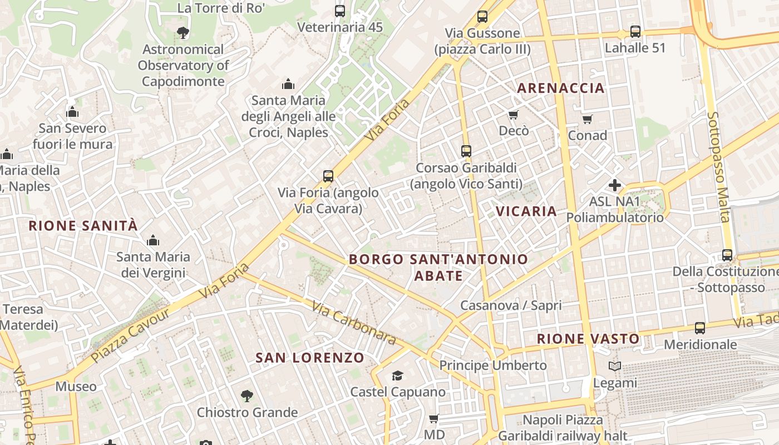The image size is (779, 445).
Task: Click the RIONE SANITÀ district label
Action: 83,226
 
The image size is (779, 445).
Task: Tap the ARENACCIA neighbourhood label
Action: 561,88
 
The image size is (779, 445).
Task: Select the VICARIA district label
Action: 526,211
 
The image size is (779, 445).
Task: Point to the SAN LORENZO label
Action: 310,358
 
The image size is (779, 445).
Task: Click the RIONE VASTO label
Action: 588,339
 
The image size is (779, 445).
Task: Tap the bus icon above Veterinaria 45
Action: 339,11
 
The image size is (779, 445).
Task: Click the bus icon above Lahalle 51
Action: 635,32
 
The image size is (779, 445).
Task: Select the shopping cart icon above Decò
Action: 513,115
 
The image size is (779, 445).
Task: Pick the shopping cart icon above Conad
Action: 587,119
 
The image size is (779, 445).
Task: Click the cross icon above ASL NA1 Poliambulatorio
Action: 615,185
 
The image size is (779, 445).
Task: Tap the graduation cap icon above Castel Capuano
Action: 397,376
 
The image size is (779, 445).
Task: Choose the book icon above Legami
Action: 614,367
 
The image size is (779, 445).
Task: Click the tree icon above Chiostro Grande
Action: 247,396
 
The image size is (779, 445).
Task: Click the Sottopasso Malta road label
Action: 718,167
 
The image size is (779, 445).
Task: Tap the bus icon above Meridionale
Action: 699,328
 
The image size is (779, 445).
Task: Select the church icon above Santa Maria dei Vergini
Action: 152,241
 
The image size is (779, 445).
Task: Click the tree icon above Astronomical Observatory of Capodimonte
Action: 183,33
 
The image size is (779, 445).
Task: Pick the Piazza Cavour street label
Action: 130,335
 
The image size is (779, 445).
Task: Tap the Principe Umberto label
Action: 493,365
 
